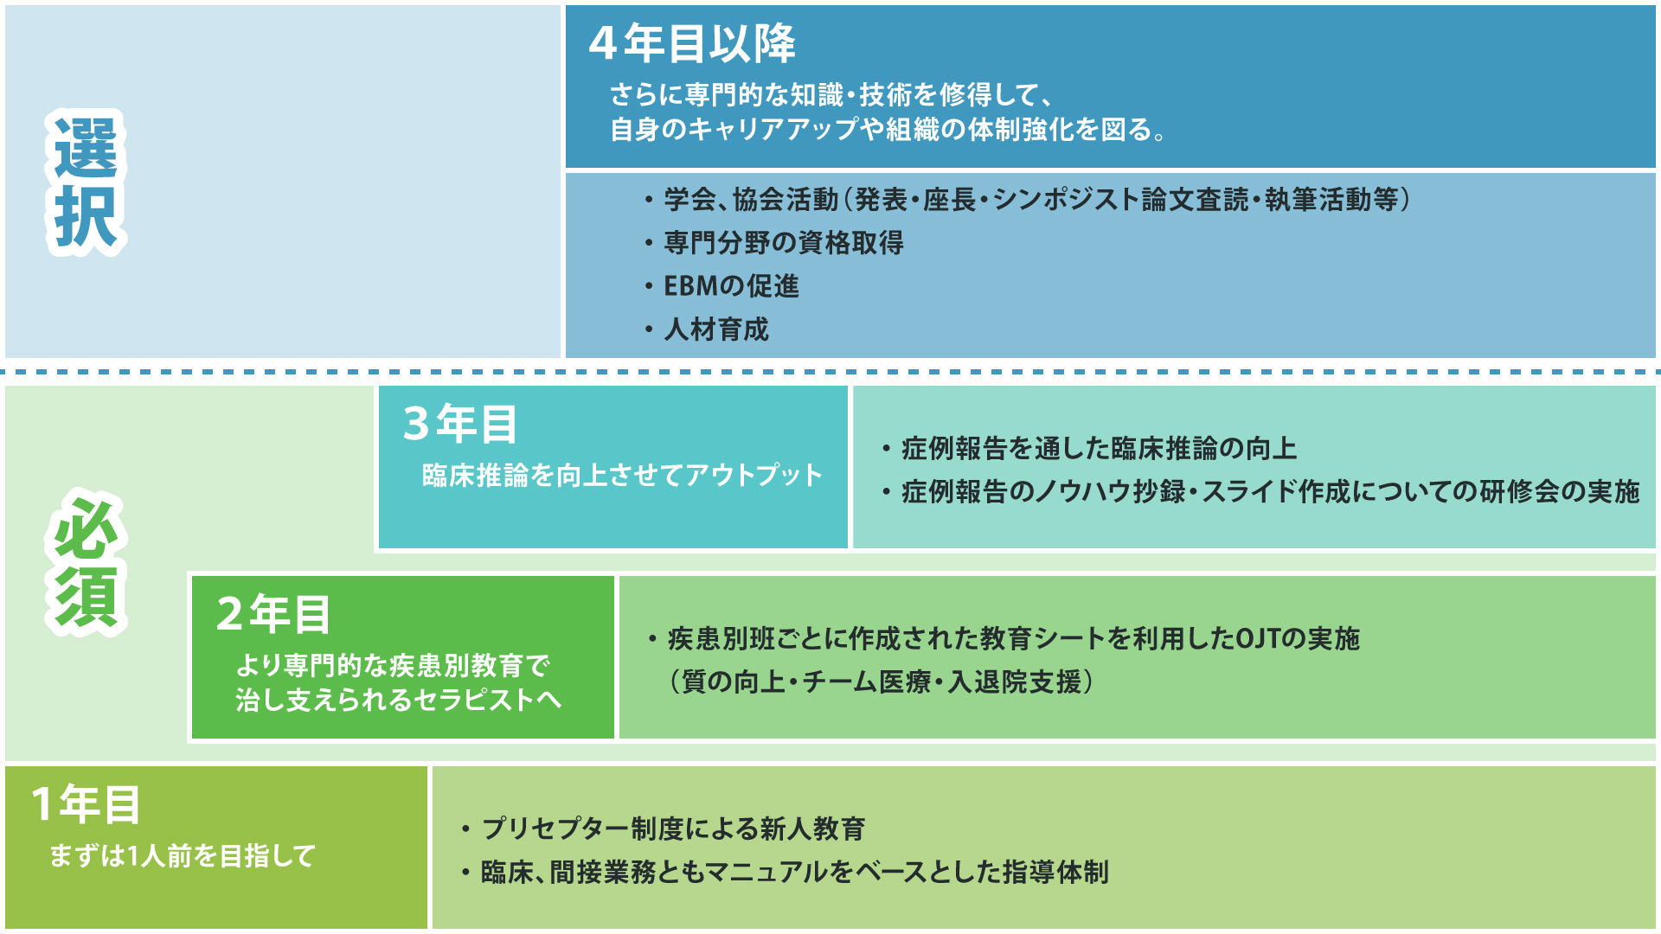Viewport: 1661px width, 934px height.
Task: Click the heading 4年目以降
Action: pos(692,43)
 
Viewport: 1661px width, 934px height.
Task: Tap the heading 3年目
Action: pos(460,424)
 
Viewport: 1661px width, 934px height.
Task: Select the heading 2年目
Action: pos(273,614)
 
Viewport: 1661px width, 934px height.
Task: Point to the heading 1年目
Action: pos(85,804)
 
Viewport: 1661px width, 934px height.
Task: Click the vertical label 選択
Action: pos(86,182)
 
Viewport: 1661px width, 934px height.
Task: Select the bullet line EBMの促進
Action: pos(731,286)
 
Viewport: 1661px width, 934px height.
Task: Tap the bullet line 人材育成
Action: pos(715,329)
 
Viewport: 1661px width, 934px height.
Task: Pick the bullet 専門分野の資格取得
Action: pos(784,243)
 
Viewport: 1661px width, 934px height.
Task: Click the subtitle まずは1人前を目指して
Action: pos(183,856)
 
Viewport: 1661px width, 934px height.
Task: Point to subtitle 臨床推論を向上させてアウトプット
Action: pos(622,476)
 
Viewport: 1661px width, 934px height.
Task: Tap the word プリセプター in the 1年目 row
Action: pos(556,828)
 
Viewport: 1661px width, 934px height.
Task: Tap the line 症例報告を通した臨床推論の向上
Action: pos(1099,449)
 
